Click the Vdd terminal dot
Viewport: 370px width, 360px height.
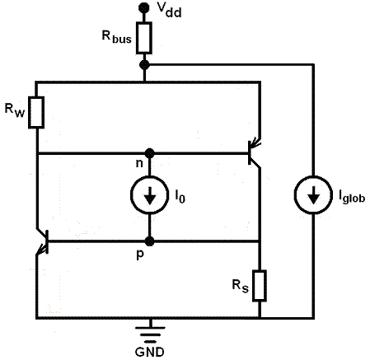pyautogui.click(x=144, y=7)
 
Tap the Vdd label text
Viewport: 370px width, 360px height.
pyautogui.click(x=170, y=11)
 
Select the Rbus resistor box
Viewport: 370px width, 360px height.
pyautogui.click(x=144, y=38)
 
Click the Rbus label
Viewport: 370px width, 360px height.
pyautogui.click(x=117, y=37)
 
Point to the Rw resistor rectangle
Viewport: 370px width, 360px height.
pyautogui.click(x=36, y=112)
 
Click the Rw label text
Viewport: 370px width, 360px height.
pyautogui.click(x=15, y=110)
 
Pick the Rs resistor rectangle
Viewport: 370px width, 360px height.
pyautogui.click(x=260, y=286)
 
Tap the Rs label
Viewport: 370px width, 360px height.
pyautogui.click(x=241, y=286)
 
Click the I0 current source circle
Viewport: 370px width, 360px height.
pyautogui.click(x=149, y=195)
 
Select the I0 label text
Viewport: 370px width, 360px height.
pyautogui.click(x=180, y=196)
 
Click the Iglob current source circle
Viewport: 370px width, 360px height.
pyautogui.click(x=313, y=195)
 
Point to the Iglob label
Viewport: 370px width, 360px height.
pyautogui.click(x=352, y=197)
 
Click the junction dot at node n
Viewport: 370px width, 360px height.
pyautogui.click(x=149, y=153)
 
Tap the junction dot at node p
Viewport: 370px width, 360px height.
pyautogui.click(x=149, y=241)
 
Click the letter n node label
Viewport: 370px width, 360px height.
pyautogui.click(x=139, y=163)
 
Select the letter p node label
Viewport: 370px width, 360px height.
pyautogui.click(x=140, y=255)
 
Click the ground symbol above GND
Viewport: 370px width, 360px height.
pyautogui.click(x=150, y=334)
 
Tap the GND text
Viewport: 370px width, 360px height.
pyautogui.click(x=150, y=352)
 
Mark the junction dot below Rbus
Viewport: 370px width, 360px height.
pyautogui.click(x=144, y=65)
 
